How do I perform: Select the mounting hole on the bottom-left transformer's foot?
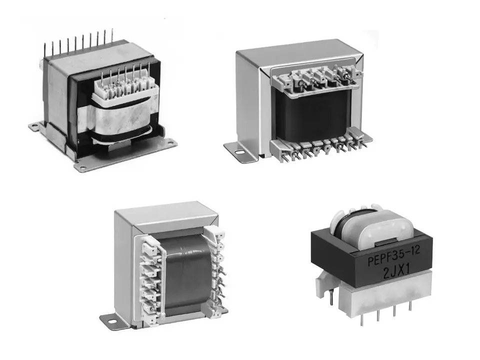(111, 321)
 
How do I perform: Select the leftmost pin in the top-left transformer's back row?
(45, 49)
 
